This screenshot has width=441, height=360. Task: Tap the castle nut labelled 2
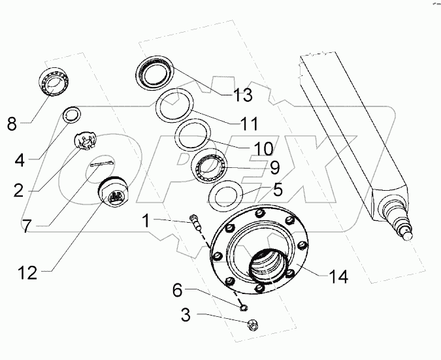click(x=84, y=140)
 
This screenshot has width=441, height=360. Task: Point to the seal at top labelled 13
click(x=155, y=70)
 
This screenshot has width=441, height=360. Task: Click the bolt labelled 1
click(x=195, y=221)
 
